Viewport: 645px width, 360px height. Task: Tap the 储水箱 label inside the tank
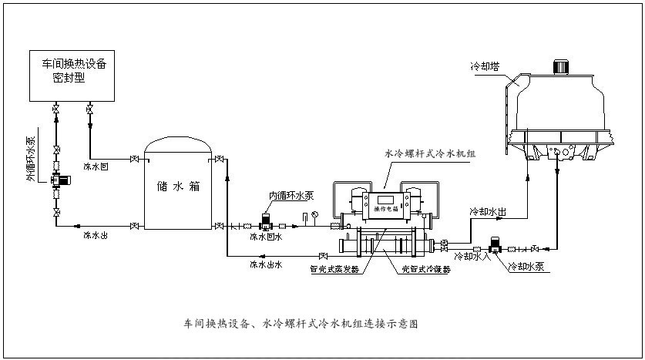[178, 187]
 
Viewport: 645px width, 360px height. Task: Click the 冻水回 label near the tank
[96, 167]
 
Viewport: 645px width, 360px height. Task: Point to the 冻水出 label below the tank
[96, 234]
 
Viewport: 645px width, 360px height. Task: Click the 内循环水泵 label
[291, 195]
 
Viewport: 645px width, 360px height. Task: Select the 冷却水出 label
[488, 210]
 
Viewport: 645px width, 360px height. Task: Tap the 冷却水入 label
[472, 255]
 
